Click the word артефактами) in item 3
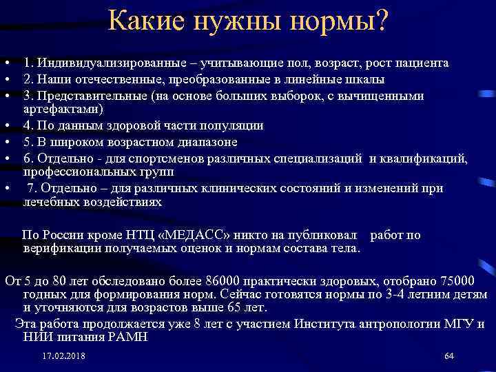click(63, 109)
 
